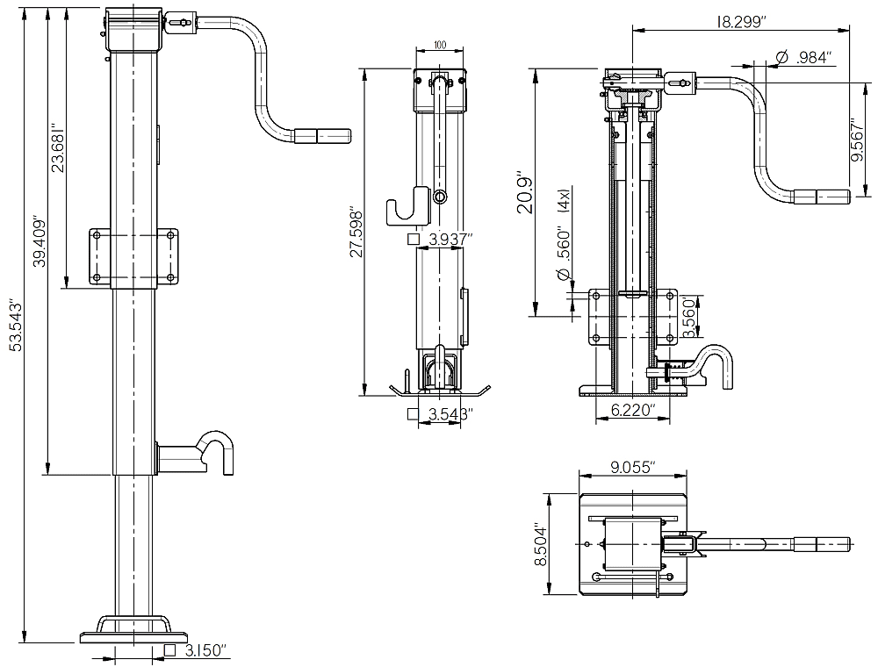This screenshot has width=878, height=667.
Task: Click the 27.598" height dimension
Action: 356,233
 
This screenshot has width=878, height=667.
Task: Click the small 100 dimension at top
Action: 440,44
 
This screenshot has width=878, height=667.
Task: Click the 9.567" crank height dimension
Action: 857,140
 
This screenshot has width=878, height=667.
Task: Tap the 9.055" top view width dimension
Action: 631,468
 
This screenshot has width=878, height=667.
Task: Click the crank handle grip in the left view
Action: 321,135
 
